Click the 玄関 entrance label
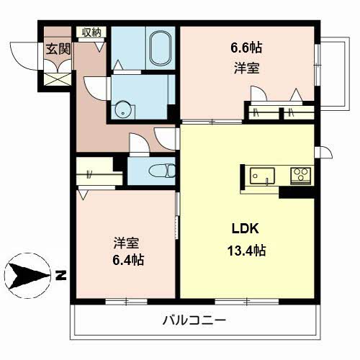58,50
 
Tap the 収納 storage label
91,32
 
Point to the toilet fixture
163,171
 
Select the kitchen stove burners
300,174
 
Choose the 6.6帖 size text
246,48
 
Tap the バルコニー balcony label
194,320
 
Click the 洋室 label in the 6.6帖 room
246,69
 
